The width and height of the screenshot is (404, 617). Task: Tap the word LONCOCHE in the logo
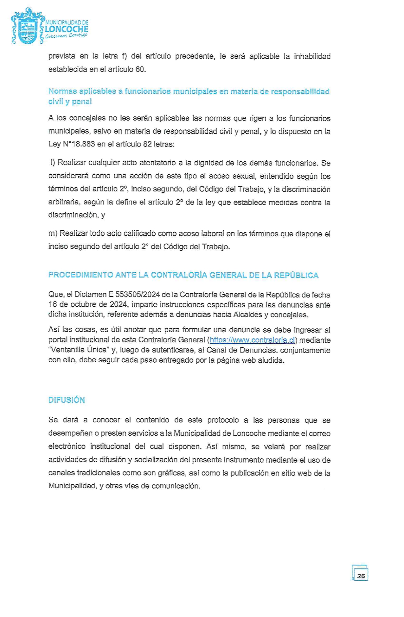[x=67, y=29]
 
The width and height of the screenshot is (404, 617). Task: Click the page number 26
[x=361, y=576]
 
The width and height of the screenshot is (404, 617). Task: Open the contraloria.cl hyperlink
[x=252, y=340]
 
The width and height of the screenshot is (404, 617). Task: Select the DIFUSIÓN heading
[x=67, y=400]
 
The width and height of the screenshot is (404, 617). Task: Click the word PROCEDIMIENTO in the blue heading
[x=80, y=275]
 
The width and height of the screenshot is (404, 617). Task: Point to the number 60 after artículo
[x=140, y=69]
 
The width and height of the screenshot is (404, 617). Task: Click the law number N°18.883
[x=79, y=144]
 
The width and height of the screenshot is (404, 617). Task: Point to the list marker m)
[x=53, y=234]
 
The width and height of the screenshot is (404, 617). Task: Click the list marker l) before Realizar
[x=53, y=163]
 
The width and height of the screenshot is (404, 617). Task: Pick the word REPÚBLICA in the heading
[x=296, y=275]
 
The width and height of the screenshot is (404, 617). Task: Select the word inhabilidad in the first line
[x=312, y=56]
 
